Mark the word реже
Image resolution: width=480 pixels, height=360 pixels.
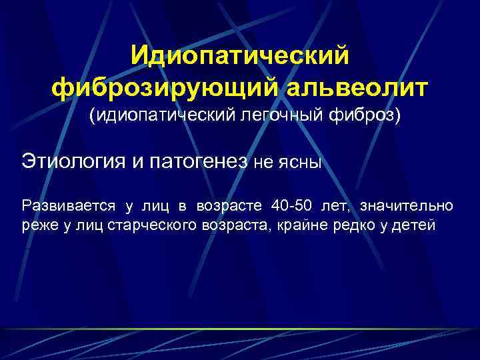point(37,225)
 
